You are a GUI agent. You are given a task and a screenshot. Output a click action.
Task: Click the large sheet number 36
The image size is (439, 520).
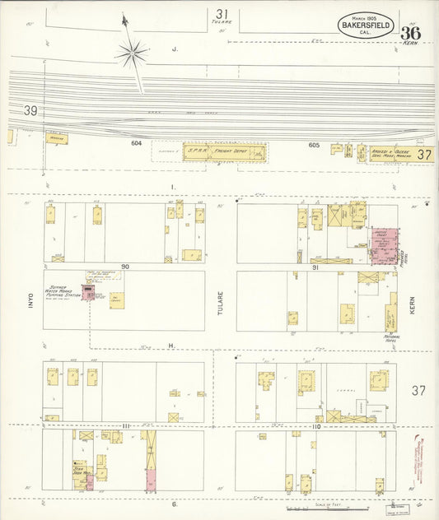click(x=411, y=34)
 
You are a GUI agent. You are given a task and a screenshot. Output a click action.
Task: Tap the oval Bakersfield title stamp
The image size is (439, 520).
click(x=364, y=25)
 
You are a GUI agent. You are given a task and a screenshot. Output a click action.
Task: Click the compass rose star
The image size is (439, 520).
click(x=131, y=54)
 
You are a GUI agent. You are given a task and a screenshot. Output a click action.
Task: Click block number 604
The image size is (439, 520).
click(x=137, y=144)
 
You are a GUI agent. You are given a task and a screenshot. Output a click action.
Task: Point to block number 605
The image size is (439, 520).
click(x=313, y=145)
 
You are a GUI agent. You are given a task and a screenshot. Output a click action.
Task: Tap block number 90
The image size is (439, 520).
click(x=125, y=267)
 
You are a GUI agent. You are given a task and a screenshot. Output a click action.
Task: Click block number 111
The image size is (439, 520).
click(x=125, y=425)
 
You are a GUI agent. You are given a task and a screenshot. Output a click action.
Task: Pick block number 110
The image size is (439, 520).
click(x=315, y=425)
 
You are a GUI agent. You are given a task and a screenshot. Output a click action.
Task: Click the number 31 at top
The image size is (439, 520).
click(x=221, y=13)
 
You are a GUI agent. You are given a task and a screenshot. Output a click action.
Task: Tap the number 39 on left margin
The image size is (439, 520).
click(x=31, y=110)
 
